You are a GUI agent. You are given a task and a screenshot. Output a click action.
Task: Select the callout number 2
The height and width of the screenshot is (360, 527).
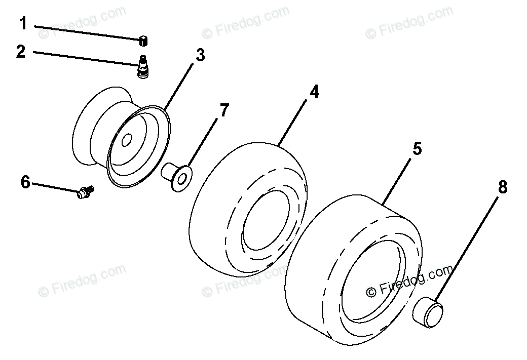click(20, 51)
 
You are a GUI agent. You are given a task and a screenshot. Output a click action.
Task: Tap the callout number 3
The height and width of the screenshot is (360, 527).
click(200, 55)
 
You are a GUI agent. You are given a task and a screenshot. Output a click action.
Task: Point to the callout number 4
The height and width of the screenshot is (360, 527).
click(315, 92)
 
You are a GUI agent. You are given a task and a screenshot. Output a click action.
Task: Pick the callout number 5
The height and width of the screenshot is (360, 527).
click(417, 149)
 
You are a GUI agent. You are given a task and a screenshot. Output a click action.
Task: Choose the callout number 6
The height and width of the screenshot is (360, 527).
click(25, 182)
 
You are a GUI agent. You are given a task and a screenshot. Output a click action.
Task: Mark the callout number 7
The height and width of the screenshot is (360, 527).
click(224, 110)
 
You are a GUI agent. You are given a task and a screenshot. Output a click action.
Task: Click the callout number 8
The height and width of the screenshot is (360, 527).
click(502, 187)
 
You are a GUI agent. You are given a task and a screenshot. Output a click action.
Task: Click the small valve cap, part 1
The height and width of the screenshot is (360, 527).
click(143, 40)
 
